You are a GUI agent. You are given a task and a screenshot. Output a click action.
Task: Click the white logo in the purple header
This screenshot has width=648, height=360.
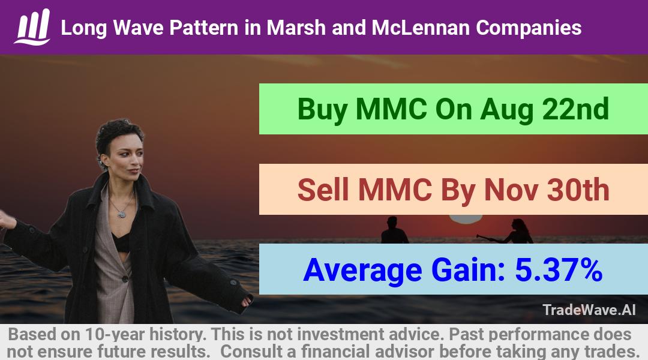[32, 27]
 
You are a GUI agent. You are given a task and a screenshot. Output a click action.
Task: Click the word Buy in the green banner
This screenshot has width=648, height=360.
[322, 110]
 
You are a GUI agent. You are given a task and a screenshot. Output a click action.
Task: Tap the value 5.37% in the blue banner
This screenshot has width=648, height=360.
[559, 270]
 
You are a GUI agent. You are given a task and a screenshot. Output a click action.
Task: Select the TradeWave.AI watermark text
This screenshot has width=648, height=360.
[589, 310]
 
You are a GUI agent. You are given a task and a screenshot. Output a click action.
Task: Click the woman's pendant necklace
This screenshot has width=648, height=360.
[121, 214]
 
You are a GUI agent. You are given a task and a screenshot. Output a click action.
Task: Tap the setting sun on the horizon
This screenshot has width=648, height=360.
[466, 218]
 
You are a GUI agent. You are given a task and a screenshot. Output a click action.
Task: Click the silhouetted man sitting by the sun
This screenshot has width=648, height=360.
[394, 230]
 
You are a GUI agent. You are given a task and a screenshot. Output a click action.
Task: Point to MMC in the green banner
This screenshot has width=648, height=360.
[391, 109]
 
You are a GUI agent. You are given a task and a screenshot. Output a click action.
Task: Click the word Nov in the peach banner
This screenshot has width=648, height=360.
[511, 190]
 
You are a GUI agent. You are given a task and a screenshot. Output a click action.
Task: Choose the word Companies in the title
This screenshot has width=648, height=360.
[529, 28]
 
